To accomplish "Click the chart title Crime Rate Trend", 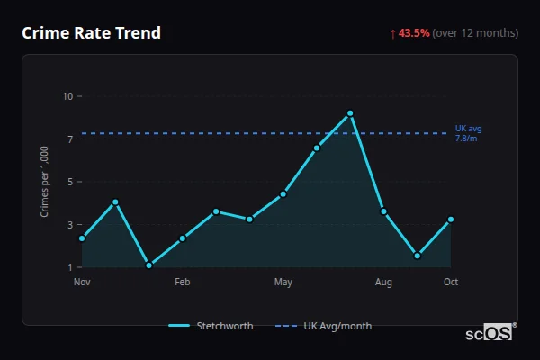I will (x=92, y=33).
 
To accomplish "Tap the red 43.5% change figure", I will (x=414, y=33).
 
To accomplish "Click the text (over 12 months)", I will (x=475, y=33).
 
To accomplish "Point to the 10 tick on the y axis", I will (x=67, y=96).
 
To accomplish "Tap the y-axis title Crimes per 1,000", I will (x=45, y=181).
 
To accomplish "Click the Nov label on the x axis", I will (x=82, y=283).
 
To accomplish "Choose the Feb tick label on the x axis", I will (x=183, y=283).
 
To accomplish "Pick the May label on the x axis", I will (x=283, y=283).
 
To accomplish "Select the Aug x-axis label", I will (x=383, y=283).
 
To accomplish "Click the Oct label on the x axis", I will (x=451, y=283).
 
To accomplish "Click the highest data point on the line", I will (x=350, y=113).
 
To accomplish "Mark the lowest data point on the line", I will (x=148, y=265).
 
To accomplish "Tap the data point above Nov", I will (x=82, y=238).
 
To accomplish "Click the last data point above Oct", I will (x=451, y=220).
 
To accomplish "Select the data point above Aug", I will (x=383, y=211).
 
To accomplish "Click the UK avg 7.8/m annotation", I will (x=468, y=133).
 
